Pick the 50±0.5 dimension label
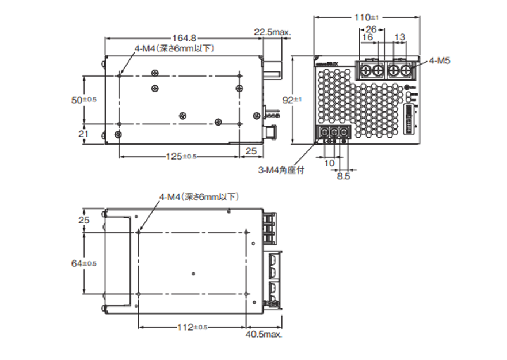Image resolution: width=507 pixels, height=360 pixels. pyautogui.click(x=84, y=100)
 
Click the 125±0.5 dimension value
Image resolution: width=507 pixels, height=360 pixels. pyautogui.click(x=181, y=156)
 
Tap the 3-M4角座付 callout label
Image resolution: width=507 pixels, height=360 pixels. pyautogui.click(x=280, y=170)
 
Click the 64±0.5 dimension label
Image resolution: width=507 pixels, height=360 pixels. pyautogui.click(x=84, y=263)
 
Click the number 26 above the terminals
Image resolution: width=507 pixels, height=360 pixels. pyautogui.click(x=371, y=29)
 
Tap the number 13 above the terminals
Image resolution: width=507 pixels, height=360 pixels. pyautogui.click(x=399, y=37)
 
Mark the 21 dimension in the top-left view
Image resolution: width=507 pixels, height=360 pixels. pyautogui.click(x=84, y=134)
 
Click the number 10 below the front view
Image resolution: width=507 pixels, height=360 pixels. pyautogui.click(x=330, y=164)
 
